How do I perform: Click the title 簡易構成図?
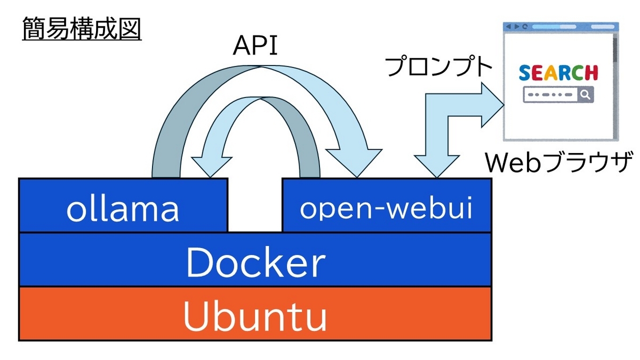pos(82,29)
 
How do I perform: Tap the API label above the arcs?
pos(255,46)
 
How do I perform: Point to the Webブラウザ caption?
pos(558,162)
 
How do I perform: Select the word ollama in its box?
pos(123,210)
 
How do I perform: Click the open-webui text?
pos(386,209)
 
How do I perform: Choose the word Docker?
pos(255,262)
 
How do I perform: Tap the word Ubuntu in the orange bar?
pos(255,316)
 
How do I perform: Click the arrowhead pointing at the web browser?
pos(493,105)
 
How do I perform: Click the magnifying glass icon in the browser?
pos(585,95)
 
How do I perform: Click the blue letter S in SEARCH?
pos(525,73)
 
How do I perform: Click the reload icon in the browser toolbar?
pos(525,27)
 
